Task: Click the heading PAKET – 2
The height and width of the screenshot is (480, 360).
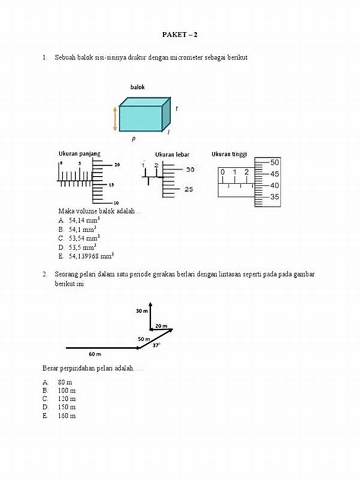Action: [x=179, y=35]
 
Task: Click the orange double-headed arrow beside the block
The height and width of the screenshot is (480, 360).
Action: [x=115, y=118]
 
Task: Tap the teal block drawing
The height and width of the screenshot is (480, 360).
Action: [x=142, y=116]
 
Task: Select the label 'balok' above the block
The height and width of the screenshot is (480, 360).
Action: [x=137, y=88]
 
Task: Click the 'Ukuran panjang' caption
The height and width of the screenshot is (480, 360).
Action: [x=79, y=154]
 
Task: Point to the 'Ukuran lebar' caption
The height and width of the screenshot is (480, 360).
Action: [x=172, y=155]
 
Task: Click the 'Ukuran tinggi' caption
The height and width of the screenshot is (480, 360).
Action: [x=229, y=154]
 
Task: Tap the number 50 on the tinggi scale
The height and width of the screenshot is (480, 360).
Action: [x=274, y=162]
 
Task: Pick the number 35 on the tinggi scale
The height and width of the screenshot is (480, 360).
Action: [x=274, y=196]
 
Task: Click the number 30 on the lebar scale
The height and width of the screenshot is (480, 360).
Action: [x=190, y=170]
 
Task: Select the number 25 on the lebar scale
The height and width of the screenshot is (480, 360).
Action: [x=190, y=190]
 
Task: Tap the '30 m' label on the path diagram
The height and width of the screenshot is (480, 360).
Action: [x=141, y=311]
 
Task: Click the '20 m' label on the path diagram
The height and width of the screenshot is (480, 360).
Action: [x=161, y=325]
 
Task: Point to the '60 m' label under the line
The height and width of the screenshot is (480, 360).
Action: [x=94, y=354]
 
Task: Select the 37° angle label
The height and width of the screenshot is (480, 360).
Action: [x=156, y=346]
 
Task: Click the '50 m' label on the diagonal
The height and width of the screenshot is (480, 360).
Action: [x=144, y=339]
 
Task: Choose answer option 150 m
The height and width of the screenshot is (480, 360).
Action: [x=67, y=407]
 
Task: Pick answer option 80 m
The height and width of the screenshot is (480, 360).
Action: [x=65, y=382]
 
